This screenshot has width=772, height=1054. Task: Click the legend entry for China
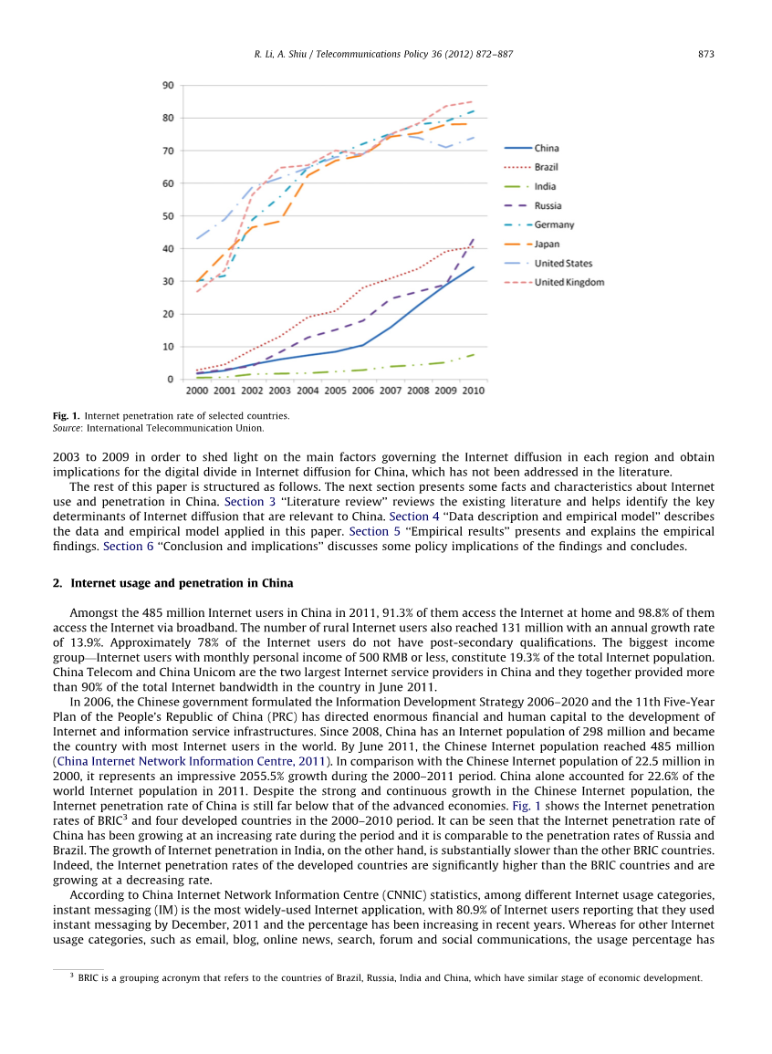tap(547, 148)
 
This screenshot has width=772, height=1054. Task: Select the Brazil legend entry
tap(547, 167)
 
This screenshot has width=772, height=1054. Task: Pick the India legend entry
tap(545, 187)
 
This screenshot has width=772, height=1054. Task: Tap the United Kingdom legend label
tap(569, 283)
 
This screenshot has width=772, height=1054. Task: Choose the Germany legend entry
tap(554, 225)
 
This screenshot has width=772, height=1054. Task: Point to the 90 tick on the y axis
tap(168, 86)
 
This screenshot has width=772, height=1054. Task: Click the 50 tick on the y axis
tap(168, 216)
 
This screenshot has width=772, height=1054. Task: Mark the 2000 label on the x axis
tap(196, 391)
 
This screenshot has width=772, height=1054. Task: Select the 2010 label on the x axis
tap(473, 391)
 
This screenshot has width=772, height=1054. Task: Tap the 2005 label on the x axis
tap(335, 391)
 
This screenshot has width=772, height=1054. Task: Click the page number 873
tap(705, 55)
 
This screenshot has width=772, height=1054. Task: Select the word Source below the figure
tap(68, 428)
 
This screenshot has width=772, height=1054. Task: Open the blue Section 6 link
tap(121, 546)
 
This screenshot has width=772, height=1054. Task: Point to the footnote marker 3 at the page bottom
tap(72, 976)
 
